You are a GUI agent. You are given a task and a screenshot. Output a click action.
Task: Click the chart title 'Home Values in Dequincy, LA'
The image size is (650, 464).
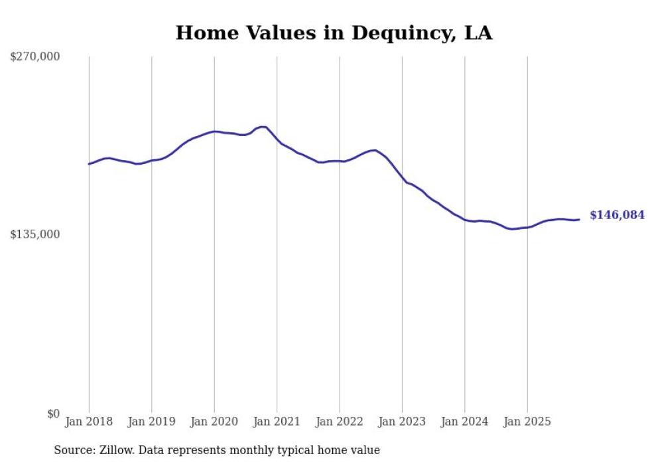(334, 33)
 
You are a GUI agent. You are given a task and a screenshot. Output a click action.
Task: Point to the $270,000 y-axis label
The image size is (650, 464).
(35, 56)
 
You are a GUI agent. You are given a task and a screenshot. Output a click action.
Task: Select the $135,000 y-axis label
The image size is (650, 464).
(35, 234)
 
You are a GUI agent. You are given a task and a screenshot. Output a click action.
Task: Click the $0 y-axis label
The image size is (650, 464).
(53, 414)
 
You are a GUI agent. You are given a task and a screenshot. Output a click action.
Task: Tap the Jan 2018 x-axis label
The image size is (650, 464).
(89, 422)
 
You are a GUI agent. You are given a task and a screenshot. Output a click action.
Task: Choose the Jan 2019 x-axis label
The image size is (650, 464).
(152, 422)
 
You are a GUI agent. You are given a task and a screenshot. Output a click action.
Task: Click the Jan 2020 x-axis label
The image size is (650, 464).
(214, 422)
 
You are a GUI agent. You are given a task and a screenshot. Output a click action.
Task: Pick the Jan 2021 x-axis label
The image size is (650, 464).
(277, 422)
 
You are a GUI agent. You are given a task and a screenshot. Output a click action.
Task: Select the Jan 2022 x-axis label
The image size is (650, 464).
(340, 422)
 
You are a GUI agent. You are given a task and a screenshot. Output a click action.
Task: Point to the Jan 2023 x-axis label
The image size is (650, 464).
(402, 422)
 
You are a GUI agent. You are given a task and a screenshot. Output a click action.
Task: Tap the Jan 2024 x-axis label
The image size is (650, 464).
(465, 422)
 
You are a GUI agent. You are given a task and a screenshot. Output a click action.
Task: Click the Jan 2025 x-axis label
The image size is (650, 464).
(527, 422)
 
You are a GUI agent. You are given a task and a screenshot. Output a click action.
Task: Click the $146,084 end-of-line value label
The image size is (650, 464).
(617, 215)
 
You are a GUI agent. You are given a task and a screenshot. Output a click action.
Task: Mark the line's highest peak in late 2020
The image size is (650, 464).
(263, 127)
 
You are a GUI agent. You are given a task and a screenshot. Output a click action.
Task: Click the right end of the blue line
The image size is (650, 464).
(579, 220)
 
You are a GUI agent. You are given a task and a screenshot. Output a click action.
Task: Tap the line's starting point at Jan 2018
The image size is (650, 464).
(89, 164)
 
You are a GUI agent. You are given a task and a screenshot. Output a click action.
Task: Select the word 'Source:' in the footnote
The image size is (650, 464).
(74, 450)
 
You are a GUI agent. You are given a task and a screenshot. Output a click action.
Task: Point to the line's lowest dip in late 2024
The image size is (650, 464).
(512, 229)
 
